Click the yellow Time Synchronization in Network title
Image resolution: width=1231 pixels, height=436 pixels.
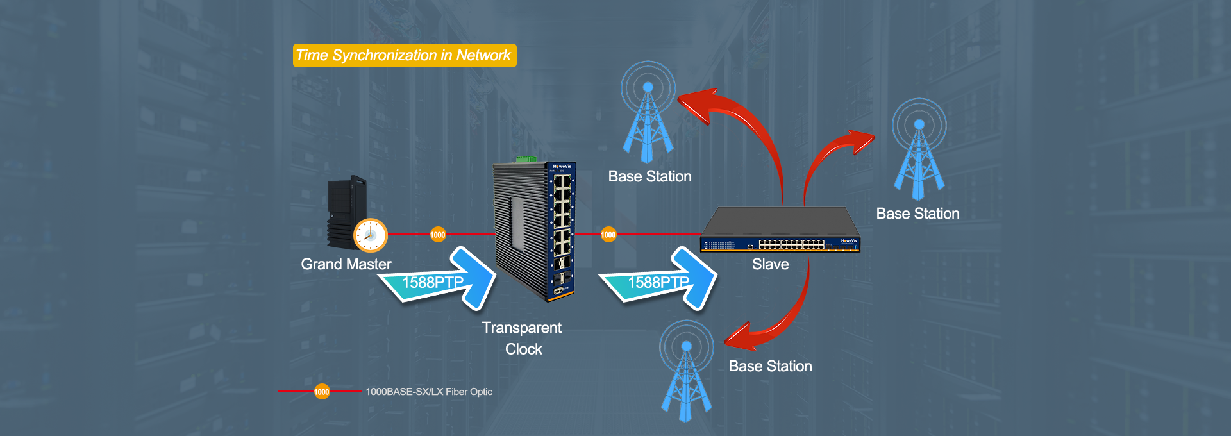click(405, 55)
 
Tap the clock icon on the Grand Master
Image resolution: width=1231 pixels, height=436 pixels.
click(371, 235)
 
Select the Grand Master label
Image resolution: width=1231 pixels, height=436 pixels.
click(346, 264)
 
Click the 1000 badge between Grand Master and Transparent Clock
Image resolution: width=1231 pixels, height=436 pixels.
click(438, 235)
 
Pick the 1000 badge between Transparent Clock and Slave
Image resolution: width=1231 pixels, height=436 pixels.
click(608, 235)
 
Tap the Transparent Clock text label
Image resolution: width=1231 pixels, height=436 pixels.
click(523, 339)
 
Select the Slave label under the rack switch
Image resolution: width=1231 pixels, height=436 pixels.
click(771, 264)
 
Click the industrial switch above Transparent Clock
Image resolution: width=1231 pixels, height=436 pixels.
click(535, 231)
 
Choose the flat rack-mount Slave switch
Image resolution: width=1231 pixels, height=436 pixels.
click(780, 230)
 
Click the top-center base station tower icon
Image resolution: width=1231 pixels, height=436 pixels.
click(648, 112)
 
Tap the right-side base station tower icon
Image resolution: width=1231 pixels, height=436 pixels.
click(919, 149)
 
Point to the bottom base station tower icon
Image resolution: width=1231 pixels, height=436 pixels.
click(687, 371)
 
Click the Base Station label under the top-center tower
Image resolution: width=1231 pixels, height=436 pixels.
click(650, 176)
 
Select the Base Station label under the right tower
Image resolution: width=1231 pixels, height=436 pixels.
click(918, 214)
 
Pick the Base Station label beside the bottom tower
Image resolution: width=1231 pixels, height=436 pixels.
click(771, 366)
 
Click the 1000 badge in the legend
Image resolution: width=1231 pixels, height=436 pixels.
click(322, 391)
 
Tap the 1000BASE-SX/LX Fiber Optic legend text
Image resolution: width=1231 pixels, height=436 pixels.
click(429, 392)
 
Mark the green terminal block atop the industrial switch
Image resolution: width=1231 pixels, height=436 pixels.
click(526, 158)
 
